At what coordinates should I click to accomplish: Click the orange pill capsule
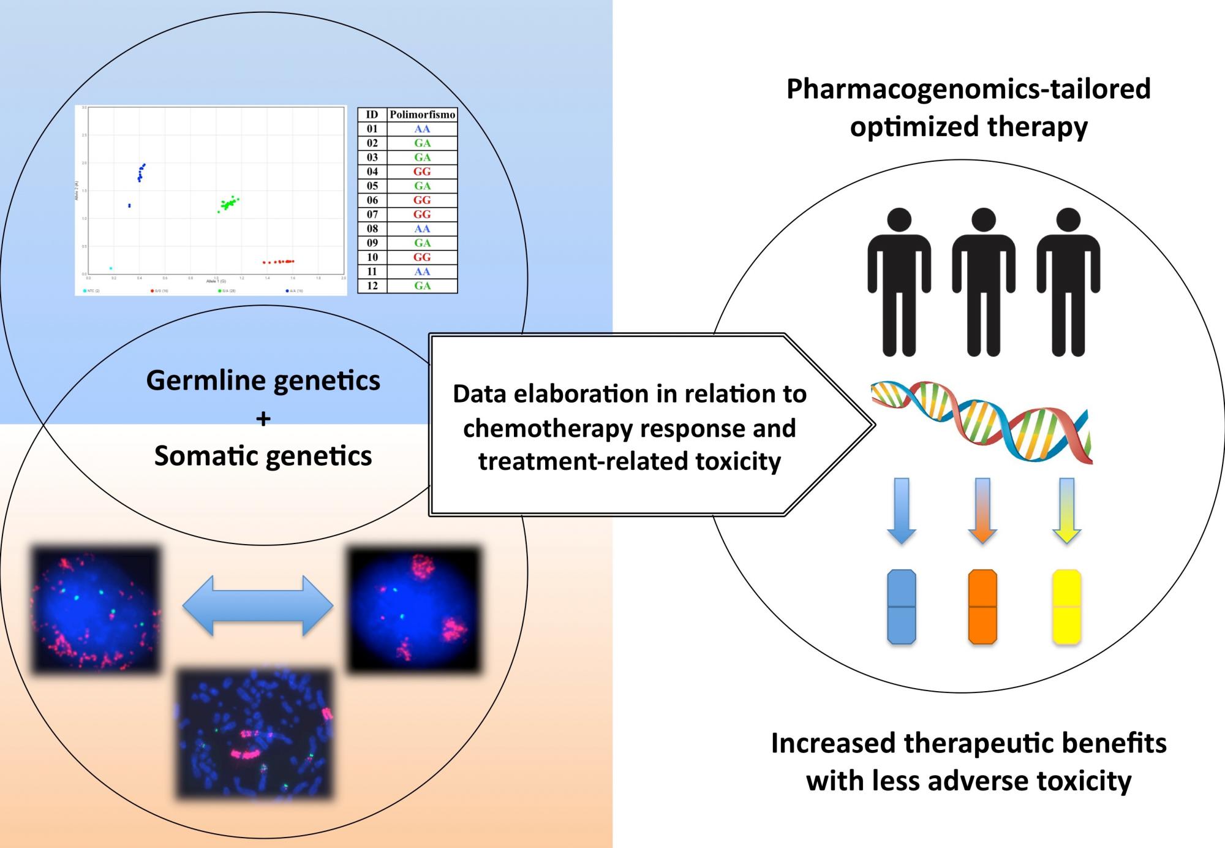click(x=982, y=607)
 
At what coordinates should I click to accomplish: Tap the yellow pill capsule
click(x=1066, y=607)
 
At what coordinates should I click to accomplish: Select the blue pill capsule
click(x=902, y=607)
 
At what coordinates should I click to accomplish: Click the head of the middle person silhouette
click(x=984, y=219)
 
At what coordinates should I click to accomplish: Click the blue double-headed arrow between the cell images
click(x=258, y=605)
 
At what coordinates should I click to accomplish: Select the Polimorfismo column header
click(x=423, y=115)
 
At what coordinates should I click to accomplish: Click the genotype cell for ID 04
click(x=422, y=172)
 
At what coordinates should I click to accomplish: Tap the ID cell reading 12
click(x=372, y=286)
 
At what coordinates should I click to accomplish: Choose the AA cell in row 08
click(x=422, y=229)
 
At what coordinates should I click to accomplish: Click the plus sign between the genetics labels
click(x=263, y=419)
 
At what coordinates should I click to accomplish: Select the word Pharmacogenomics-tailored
click(x=968, y=89)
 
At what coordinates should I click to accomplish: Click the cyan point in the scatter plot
click(x=111, y=268)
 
